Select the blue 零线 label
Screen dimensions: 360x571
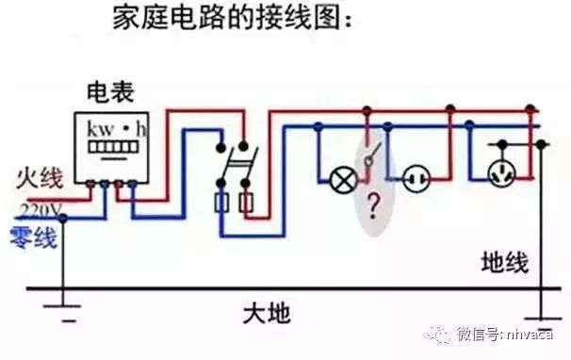[x=33, y=234]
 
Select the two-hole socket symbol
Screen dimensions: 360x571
[x=416, y=177]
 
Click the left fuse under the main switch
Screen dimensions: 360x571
[x=222, y=202]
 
